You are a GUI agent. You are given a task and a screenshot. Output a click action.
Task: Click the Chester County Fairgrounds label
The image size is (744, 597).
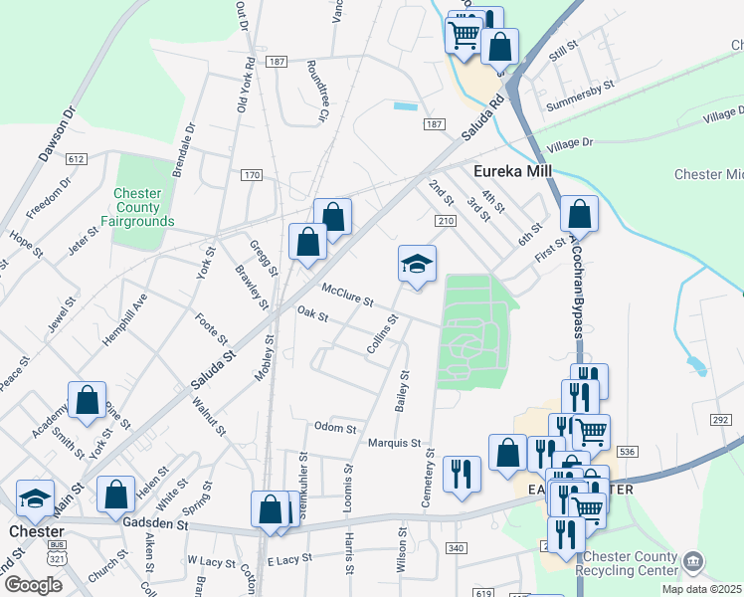point(144,207)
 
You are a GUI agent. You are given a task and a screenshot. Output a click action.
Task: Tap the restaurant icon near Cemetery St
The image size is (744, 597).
point(461,474)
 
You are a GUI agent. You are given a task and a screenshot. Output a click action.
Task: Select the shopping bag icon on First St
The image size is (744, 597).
point(579,213)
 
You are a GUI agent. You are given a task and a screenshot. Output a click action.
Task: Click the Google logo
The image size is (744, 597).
point(33,585)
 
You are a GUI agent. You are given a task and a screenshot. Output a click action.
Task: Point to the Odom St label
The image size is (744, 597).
point(335,429)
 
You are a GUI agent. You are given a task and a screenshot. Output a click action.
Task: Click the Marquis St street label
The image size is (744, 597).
point(395,443)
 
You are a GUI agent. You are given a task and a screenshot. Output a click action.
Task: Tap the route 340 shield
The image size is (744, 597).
point(457,548)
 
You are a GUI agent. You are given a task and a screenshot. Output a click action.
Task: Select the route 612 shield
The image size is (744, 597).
point(77,159)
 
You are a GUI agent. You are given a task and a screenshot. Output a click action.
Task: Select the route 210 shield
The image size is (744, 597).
point(445,220)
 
